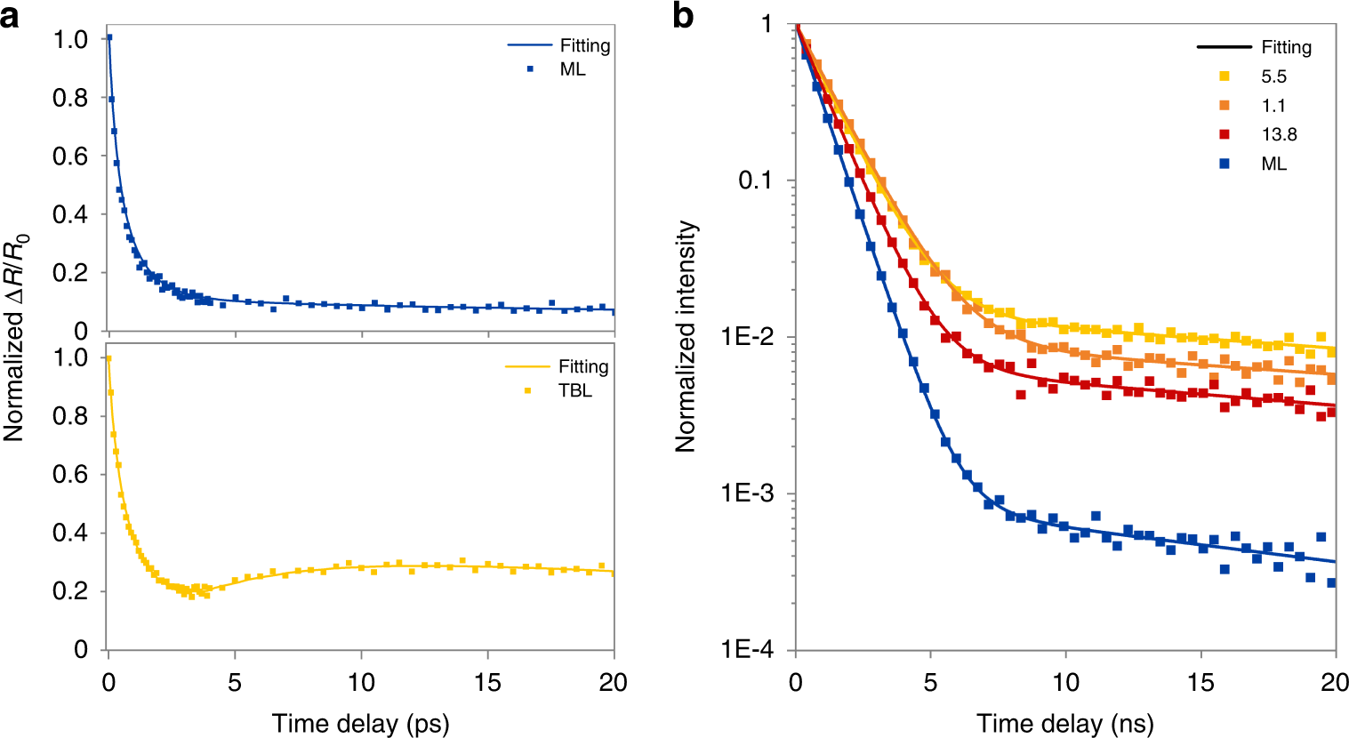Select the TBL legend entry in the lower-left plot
pos(574,390)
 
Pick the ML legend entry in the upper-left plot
pos(573,69)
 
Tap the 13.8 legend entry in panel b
pos(1279,135)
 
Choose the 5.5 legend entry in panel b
pos(1273,77)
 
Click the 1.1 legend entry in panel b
pos(1273,106)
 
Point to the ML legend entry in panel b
pos(1273,164)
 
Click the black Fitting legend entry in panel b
pos(1286,47)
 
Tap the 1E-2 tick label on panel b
pos(747,337)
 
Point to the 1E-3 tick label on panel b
pos(747,493)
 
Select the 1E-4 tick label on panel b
pos(747,650)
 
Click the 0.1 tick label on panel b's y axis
pos(755,180)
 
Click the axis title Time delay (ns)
pos(1064,723)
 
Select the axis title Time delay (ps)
pos(360,723)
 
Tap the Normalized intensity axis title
pos(686,337)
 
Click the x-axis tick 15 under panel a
pos(487,683)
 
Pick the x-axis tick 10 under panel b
pos(1065,683)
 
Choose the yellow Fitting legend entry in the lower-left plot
pos(583,366)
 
